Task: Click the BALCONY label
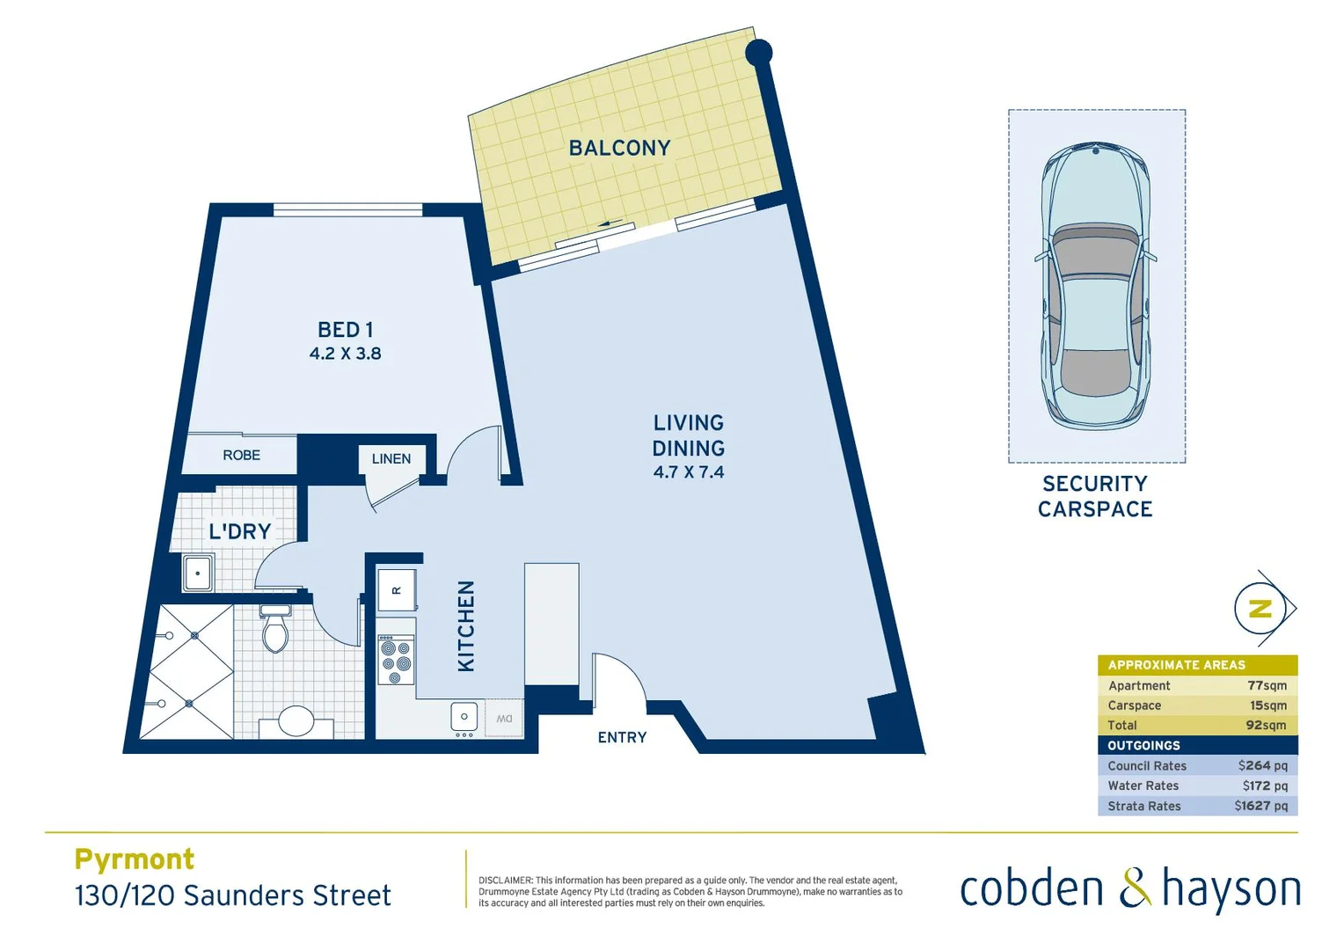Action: coord(619,148)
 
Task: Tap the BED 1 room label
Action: coord(345,330)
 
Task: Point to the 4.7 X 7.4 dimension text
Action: coord(689,472)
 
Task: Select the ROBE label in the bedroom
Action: coord(241,456)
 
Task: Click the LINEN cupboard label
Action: coord(391,459)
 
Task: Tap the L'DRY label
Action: coord(239,531)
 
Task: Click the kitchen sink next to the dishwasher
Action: coord(464,717)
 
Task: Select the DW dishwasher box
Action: coord(504,719)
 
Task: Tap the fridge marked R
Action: coord(396,590)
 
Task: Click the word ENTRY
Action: coord(622,738)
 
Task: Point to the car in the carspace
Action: coord(1096,286)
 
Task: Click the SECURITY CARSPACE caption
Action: coord(1095,496)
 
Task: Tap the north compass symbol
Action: coord(1261,609)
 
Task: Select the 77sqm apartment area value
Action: coord(1267,686)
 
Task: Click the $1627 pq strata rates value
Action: coord(1260,806)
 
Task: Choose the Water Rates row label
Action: coord(1143,786)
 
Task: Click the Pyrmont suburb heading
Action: coord(135,859)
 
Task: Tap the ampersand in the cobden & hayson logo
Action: coord(1134,888)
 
